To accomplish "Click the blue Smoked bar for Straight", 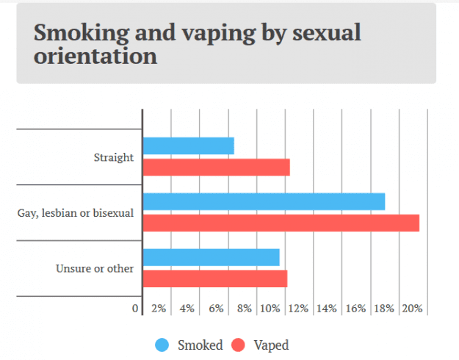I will (x=188, y=145).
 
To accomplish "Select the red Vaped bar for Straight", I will (x=216, y=168).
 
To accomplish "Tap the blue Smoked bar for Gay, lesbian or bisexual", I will (x=264, y=201).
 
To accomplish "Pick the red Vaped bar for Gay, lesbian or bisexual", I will (x=281, y=223).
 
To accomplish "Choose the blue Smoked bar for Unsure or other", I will (x=211, y=257).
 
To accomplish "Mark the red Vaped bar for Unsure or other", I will (x=214, y=278).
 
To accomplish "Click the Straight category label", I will (x=114, y=157).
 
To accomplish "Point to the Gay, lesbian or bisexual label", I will (x=76, y=213).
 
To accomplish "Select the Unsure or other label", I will (x=95, y=268).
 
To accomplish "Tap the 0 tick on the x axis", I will (x=135, y=309).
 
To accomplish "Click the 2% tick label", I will (x=159, y=309).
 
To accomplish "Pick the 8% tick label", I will (x=245, y=309).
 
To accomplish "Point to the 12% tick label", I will (x=298, y=309).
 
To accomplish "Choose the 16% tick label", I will (x=355, y=309).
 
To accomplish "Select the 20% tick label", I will (x=412, y=309).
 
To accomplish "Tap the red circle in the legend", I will (x=238, y=345).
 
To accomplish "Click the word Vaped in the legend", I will (x=271, y=345).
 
